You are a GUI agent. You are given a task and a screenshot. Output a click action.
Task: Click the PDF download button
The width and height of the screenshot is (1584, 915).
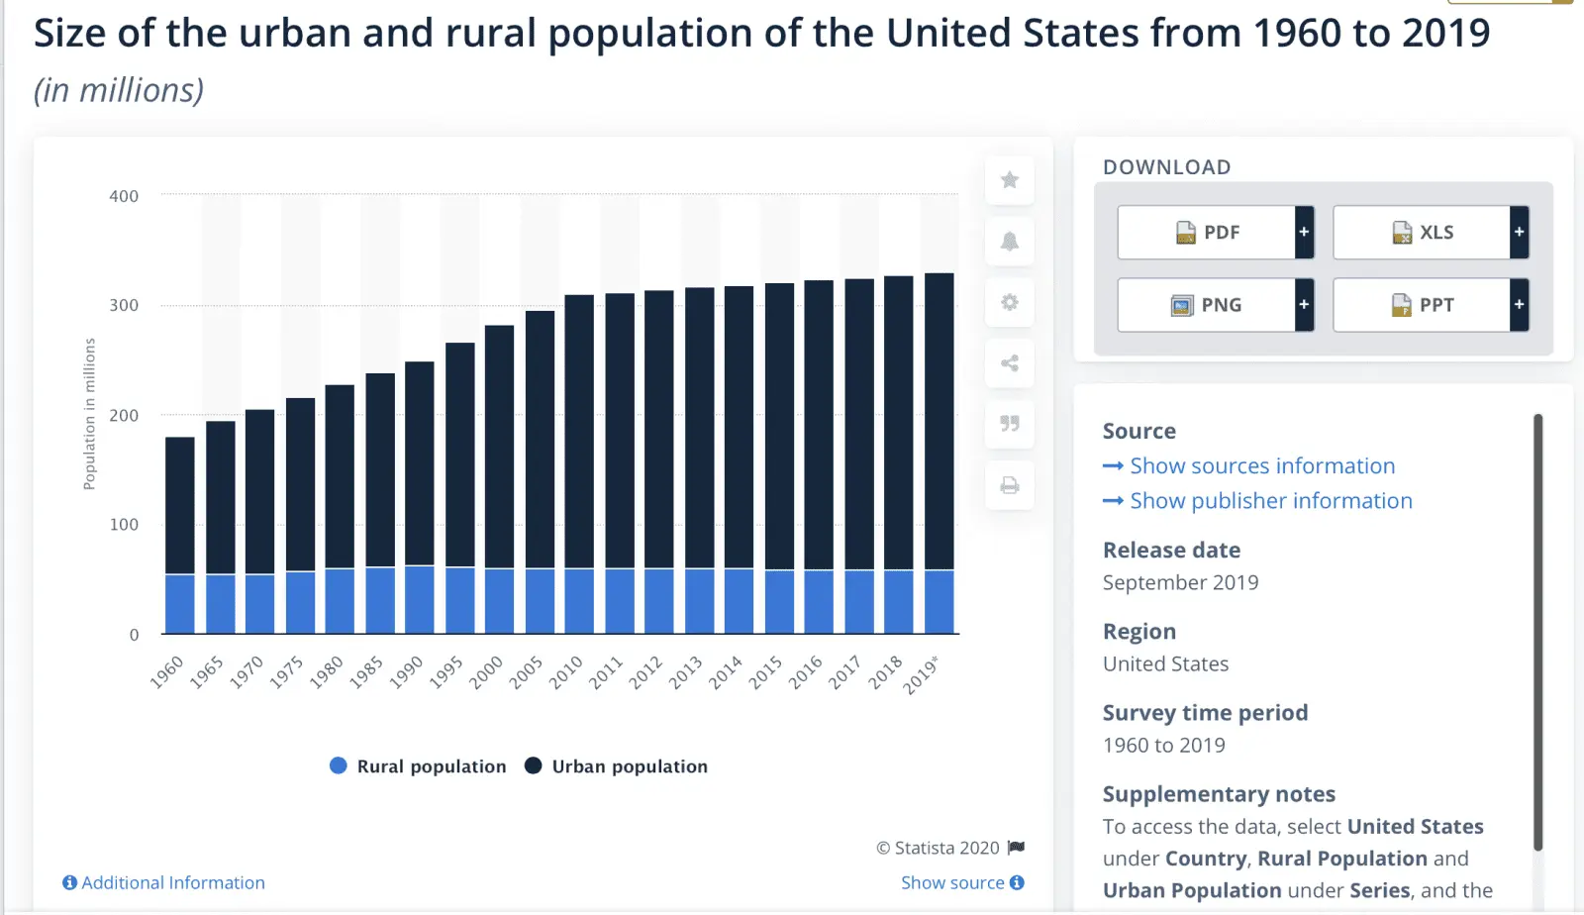tap(1207, 233)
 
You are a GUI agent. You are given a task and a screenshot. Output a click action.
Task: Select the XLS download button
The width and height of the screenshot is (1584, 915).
tap(1422, 233)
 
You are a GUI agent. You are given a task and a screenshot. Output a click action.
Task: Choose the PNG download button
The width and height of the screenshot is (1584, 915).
tap(1207, 305)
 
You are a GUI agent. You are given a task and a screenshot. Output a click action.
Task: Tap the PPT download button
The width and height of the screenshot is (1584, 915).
tap(1422, 305)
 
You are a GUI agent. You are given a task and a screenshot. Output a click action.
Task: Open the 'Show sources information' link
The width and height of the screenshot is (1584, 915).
tap(1261, 466)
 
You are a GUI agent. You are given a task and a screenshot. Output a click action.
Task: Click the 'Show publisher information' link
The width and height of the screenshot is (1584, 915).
tap(1270, 501)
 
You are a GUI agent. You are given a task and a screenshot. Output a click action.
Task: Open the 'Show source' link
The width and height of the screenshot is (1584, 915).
tap(961, 882)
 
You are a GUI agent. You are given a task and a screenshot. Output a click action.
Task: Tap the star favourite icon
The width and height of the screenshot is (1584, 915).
tap(1010, 180)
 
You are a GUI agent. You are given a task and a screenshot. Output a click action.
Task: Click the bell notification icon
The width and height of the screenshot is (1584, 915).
tap(1010, 242)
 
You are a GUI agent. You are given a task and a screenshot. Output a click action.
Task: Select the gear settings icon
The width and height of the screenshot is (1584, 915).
tap(1010, 302)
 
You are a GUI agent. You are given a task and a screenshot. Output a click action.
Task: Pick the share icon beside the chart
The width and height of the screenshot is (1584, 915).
tap(1010, 363)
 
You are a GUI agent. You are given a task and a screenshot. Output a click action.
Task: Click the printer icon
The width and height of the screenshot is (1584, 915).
tap(1010, 485)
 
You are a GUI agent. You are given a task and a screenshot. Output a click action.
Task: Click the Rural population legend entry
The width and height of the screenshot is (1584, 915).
tap(418, 766)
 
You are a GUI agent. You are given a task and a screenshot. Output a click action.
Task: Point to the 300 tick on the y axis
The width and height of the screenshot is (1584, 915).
tap(124, 305)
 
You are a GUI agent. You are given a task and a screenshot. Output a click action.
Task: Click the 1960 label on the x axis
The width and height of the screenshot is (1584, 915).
tap(167, 671)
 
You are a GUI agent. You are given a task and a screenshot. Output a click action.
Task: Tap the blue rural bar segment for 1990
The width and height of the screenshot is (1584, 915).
tap(420, 599)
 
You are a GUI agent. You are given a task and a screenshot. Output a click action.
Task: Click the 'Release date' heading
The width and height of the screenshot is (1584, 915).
tap(1171, 551)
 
